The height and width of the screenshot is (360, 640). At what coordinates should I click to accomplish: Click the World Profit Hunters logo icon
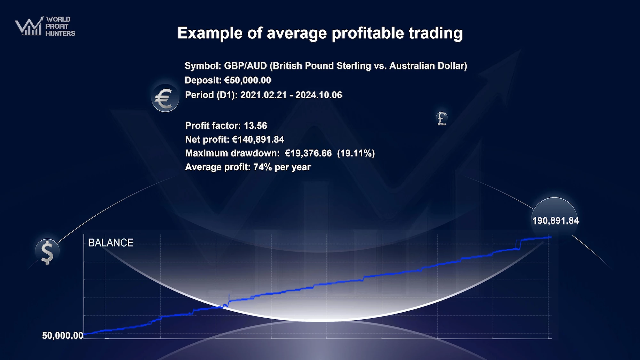pos(29,26)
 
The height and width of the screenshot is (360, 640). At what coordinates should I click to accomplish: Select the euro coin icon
pos(165,98)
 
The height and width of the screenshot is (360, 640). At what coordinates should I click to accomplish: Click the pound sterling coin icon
pos(442,119)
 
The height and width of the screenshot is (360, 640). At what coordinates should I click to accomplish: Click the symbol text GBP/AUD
pos(245,66)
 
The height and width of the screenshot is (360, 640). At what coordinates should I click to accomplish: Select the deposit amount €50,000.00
pos(248,80)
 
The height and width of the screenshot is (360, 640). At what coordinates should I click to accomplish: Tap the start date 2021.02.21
pos(263,95)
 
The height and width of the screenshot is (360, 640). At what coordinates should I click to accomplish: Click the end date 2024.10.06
pos(319,95)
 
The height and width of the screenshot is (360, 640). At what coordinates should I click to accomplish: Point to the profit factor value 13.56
pos(255,125)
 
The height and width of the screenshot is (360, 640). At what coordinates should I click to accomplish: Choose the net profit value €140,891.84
pos(258,140)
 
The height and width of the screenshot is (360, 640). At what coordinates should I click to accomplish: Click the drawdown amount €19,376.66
pos(308,153)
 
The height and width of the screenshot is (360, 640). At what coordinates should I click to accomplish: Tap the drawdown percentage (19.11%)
pos(356,153)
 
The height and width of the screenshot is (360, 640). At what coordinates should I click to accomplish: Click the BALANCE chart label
pos(111,243)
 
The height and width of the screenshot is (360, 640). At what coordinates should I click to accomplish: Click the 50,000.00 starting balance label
pos(63,335)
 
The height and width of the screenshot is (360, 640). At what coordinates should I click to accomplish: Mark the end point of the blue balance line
pos(551,237)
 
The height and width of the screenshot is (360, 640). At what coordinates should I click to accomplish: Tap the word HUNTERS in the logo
pos(60,33)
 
